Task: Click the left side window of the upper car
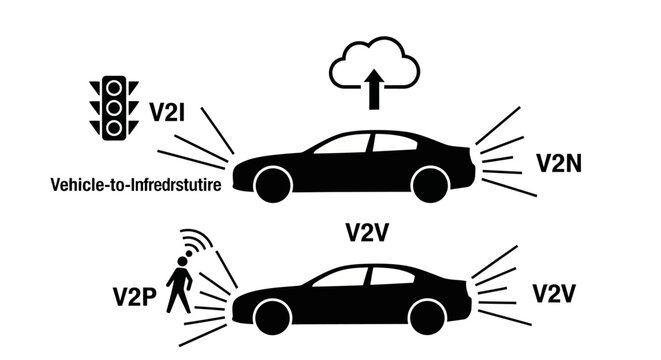tap(342, 145)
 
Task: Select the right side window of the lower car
tap(393, 275)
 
